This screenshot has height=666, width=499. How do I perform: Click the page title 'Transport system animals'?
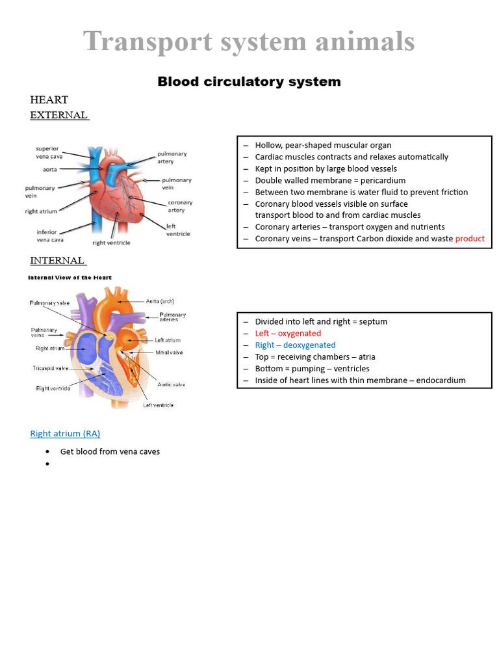point(249,42)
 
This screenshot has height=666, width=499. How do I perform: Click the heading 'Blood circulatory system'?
point(249,82)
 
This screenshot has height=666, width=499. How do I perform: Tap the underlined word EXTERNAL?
point(58,115)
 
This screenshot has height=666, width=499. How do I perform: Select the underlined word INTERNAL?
point(57,261)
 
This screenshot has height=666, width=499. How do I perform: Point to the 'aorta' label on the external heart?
point(50,169)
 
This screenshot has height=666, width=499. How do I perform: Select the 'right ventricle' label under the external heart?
point(112,243)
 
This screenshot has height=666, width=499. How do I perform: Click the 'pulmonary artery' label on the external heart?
point(172,157)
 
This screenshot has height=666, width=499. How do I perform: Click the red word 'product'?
point(470,239)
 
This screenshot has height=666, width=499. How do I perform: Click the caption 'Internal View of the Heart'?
point(70,278)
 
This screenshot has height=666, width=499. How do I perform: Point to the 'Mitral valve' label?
point(168,353)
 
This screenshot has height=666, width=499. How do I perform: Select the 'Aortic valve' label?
point(172,384)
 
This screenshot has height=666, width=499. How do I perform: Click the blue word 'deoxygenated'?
point(309,345)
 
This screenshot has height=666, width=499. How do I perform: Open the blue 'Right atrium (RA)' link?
point(65,433)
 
